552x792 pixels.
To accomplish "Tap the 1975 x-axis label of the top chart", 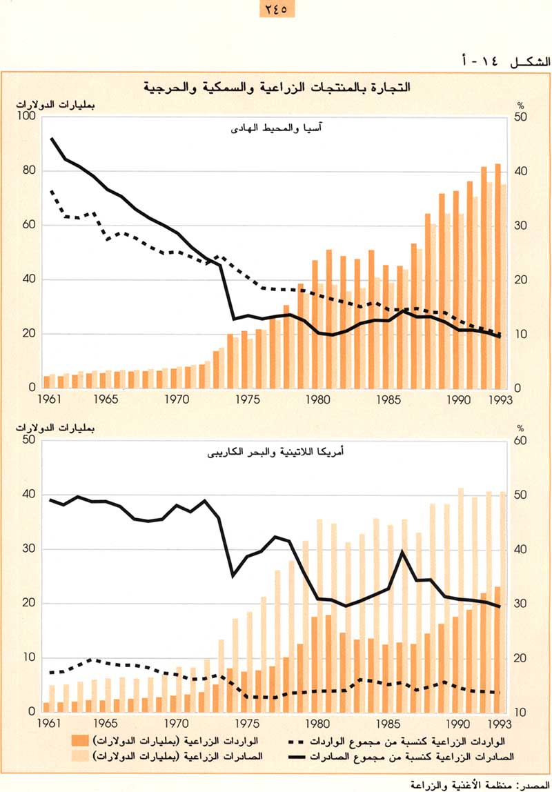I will click(245, 399).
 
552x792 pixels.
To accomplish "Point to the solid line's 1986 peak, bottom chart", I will click(403, 552).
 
